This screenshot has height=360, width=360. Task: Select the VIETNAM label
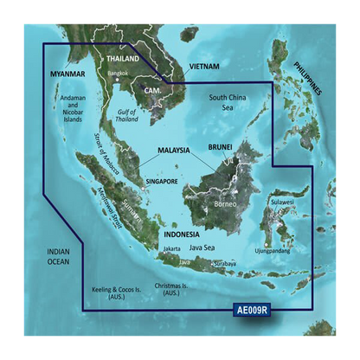[x=203, y=67]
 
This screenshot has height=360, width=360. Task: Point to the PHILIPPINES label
[x=307, y=78]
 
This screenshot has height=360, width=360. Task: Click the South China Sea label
[x=227, y=103]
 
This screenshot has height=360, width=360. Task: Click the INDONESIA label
[x=182, y=234]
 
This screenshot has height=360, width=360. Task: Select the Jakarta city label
[x=171, y=248]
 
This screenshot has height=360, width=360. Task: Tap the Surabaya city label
[x=222, y=263]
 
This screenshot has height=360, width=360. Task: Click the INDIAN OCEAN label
[x=58, y=257]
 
